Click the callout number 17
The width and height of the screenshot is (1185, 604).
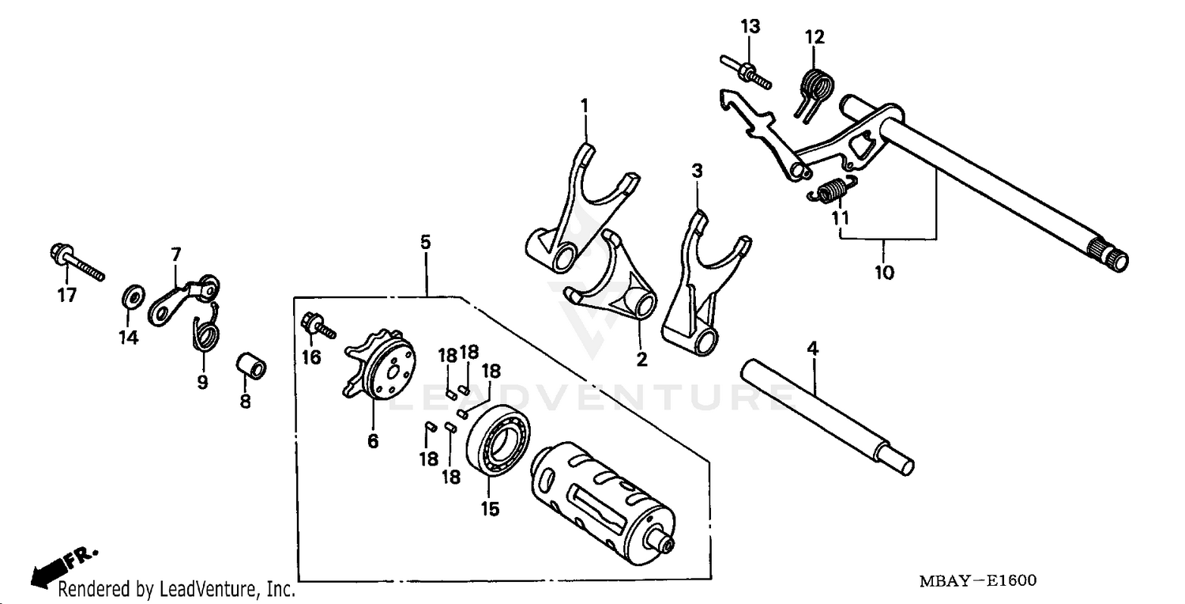66,296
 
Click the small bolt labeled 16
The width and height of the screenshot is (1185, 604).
317,324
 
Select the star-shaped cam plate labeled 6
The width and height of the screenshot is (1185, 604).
378,368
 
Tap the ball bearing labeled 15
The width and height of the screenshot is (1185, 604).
498,441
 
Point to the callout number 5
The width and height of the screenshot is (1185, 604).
425,242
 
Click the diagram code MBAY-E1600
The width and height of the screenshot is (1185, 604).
977,581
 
